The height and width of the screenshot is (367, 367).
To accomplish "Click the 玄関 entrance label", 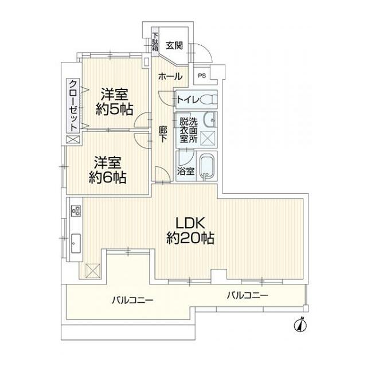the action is [x=174, y=45].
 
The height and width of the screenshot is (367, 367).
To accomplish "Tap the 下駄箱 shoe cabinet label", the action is [x=155, y=42].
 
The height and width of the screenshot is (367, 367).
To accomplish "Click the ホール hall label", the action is [x=170, y=76].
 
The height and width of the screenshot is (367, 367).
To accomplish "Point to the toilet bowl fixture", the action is [x=208, y=100].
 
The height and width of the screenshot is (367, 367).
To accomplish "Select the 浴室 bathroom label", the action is [x=186, y=171].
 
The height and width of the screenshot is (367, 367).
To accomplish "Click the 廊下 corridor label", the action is [x=162, y=134].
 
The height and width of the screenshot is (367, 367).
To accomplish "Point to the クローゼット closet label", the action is [x=73, y=106].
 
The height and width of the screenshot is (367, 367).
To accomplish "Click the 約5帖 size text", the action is [x=115, y=109].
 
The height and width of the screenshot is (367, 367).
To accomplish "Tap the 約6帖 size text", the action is [x=108, y=178].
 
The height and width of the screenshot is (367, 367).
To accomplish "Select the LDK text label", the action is [x=190, y=224].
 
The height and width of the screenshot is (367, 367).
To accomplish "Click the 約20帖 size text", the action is [x=190, y=239].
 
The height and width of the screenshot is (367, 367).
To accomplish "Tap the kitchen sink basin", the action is [x=76, y=243].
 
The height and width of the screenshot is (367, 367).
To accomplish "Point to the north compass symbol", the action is [x=300, y=324].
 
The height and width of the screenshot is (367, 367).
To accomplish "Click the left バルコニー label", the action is [x=132, y=299].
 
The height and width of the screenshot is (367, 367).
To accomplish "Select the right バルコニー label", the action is [x=247, y=295].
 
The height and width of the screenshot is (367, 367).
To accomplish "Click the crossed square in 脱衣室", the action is [x=208, y=138].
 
